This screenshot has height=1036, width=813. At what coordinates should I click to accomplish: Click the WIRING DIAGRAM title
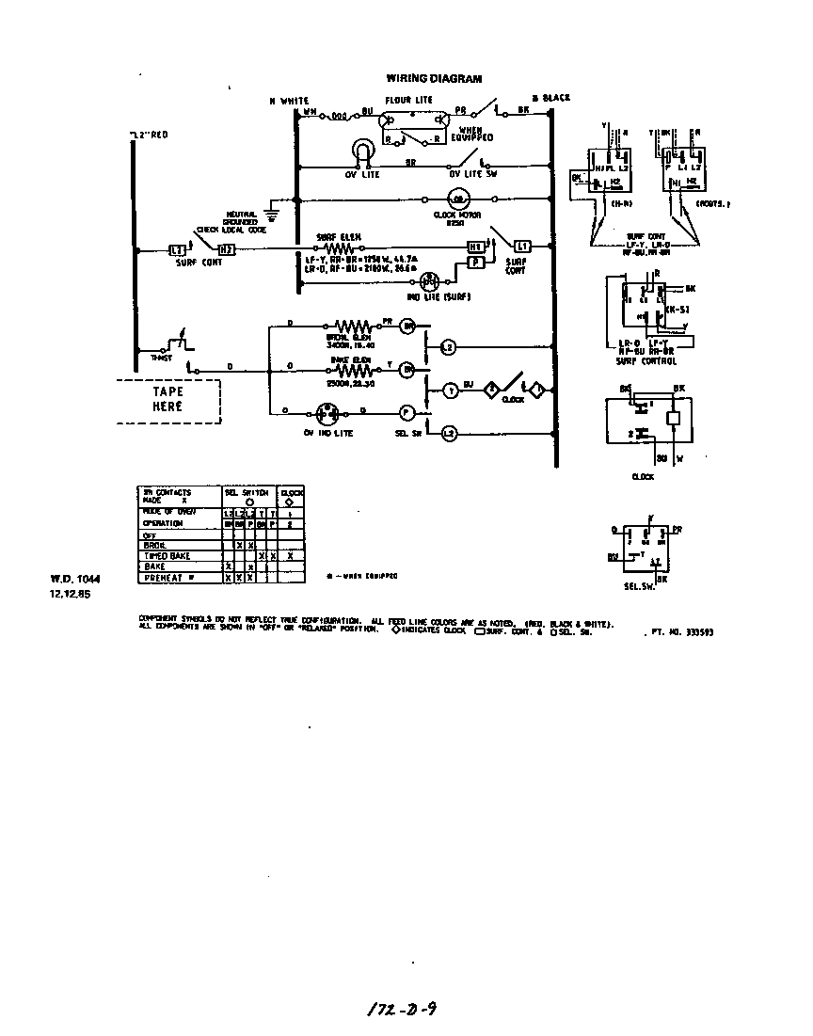(434, 79)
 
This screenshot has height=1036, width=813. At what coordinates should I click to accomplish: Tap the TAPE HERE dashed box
(167, 401)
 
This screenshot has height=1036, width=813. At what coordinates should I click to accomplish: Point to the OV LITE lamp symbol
(363, 151)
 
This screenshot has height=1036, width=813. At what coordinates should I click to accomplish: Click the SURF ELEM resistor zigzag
(339, 247)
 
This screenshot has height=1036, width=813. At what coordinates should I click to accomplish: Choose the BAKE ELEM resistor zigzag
(349, 369)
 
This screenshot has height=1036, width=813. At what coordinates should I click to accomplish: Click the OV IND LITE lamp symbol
(327, 411)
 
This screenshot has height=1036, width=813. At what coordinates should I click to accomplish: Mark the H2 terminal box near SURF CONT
(226, 250)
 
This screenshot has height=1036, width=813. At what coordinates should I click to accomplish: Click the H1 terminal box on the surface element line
(476, 247)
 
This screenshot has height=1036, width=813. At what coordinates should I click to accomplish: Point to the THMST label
(148, 359)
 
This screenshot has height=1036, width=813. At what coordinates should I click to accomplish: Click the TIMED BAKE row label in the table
(167, 557)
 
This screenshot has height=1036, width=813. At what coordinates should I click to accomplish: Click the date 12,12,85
(66, 594)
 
